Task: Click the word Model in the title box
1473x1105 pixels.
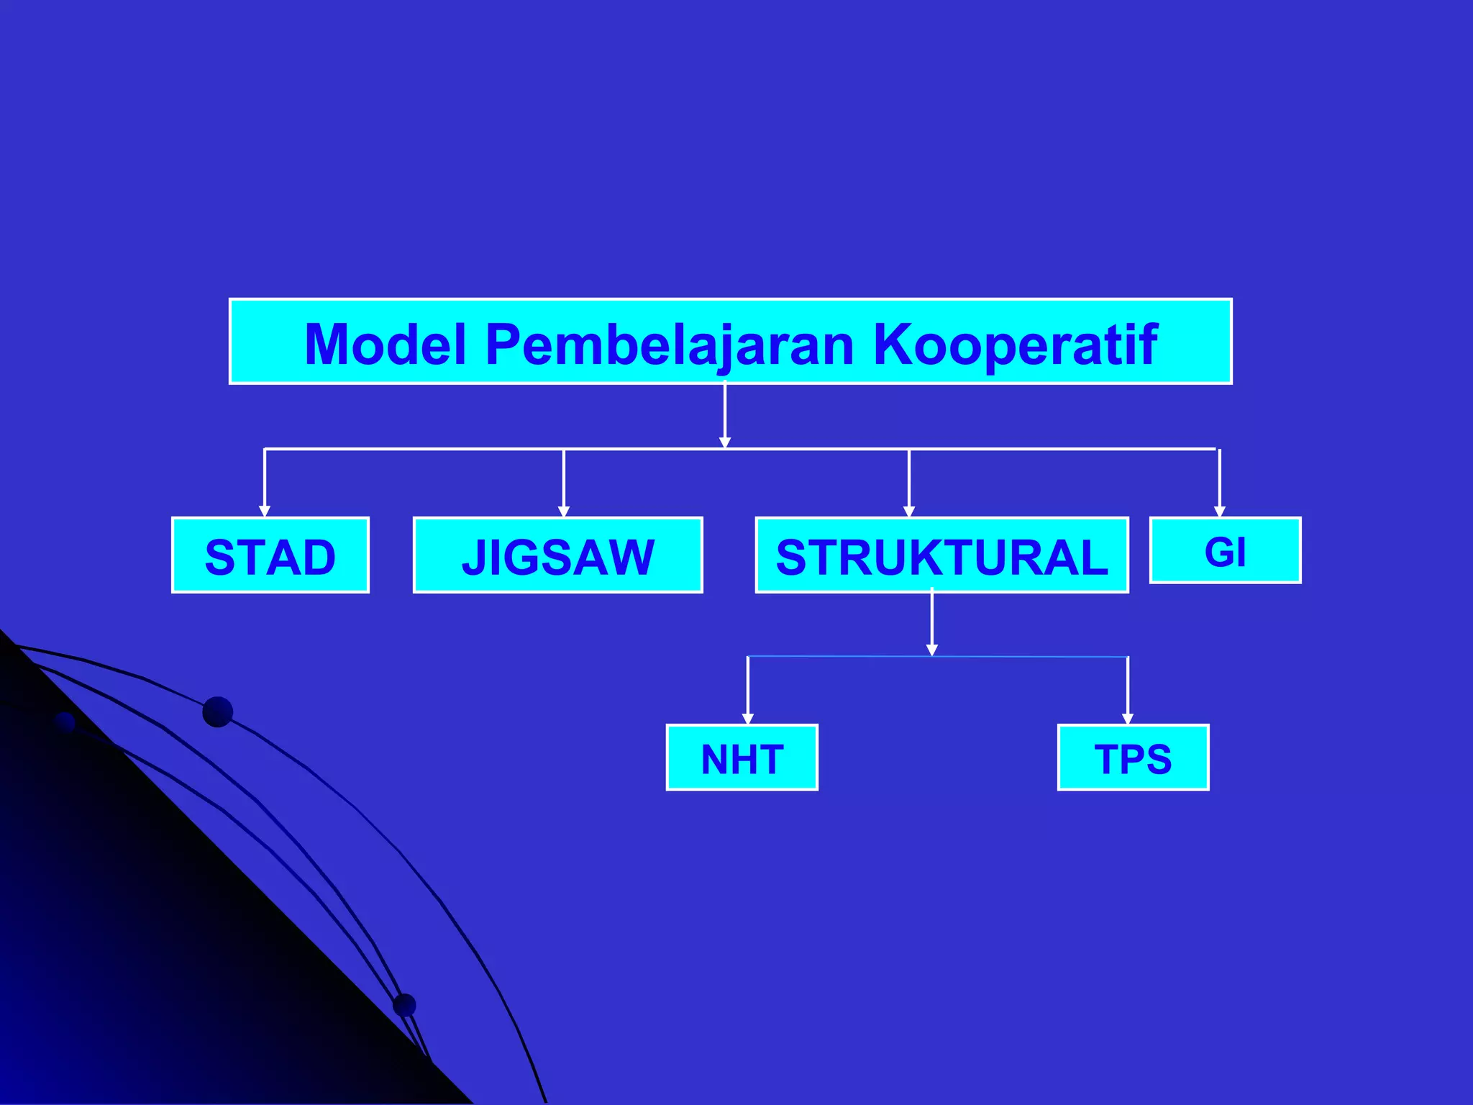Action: [386, 345]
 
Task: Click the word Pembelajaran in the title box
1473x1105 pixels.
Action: [669, 345]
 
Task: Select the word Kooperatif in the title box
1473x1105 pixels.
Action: [1015, 345]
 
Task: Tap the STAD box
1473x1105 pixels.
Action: [270, 555]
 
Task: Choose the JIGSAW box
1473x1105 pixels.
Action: [557, 555]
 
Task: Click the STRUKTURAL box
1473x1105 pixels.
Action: [941, 555]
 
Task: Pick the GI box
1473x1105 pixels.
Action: [1225, 551]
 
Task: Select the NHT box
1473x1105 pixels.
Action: [742, 758]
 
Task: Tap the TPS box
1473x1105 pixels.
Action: [1133, 758]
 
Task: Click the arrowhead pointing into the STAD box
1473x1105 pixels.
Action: [265, 511]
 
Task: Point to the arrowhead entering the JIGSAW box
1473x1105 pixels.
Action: [564, 511]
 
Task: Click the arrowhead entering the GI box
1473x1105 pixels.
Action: [1220, 511]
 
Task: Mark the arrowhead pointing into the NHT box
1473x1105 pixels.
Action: [748, 718]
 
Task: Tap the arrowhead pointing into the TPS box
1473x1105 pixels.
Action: [1128, 718]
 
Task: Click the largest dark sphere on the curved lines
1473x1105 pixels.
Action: [218, 712]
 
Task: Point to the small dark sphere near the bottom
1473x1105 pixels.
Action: [405, 1005]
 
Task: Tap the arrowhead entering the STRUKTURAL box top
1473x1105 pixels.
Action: [909, 511]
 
